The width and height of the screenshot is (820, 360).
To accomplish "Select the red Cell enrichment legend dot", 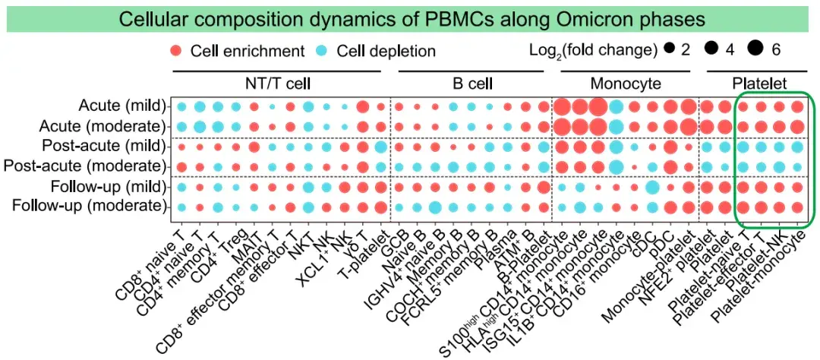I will [176, 51].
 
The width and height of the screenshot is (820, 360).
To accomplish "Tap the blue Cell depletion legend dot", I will [322, 51].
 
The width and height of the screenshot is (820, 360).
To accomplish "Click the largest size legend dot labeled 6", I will [755, 50].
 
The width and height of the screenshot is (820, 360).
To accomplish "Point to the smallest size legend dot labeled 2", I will [669, 50].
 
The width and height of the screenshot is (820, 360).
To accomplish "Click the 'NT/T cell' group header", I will [276, 83].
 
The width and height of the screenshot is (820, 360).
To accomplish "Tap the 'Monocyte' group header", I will [625, 83].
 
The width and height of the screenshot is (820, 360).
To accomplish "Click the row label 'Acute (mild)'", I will [122, 106].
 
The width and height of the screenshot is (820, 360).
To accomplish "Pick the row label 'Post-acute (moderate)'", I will [85, 166].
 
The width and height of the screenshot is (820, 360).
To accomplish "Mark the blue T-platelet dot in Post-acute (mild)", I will [380, 146].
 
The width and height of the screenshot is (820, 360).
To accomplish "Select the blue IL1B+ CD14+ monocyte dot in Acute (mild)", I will [616, 106].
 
